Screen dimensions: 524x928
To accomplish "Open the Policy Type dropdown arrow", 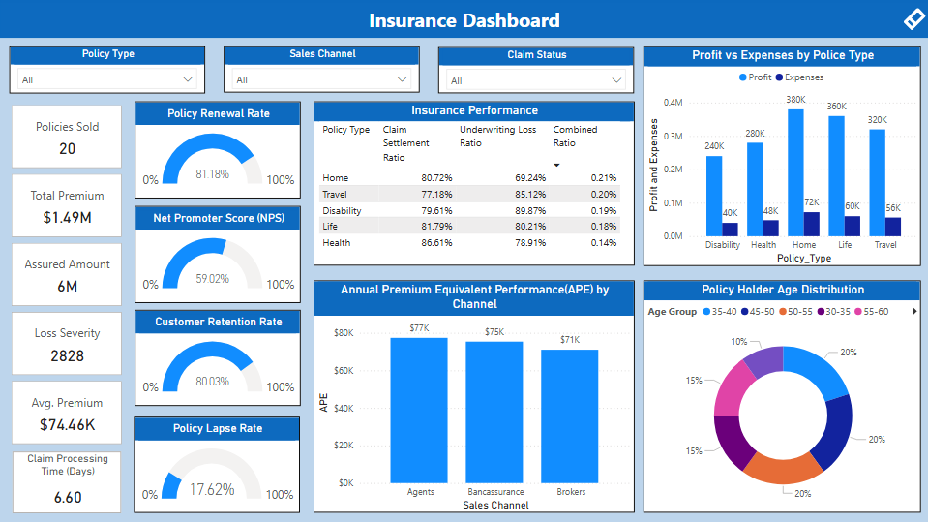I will pos(188,79).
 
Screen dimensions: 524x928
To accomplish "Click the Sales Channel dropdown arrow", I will pos(402,79).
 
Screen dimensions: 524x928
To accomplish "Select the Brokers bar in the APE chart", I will pos(569,416).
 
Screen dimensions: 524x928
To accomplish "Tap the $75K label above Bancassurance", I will pos(494,332).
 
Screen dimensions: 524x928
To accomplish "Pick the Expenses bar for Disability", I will pos(730,230).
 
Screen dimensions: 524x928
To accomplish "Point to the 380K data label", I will pos(795,100).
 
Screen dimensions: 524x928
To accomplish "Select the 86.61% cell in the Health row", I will pos(433,243).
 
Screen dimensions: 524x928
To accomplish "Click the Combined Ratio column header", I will pos(575,136).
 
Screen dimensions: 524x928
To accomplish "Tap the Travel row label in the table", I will pos(336,195).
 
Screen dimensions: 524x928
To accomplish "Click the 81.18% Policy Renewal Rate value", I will pos(212,174).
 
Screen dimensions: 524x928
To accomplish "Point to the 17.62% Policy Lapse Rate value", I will pos(212,489).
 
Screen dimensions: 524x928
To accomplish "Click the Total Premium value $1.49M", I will pos(67,218).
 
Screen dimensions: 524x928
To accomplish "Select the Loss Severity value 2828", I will pos(67,355).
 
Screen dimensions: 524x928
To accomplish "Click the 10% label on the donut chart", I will pos(739,342).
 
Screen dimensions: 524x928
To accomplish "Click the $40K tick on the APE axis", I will pos(344,408).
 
